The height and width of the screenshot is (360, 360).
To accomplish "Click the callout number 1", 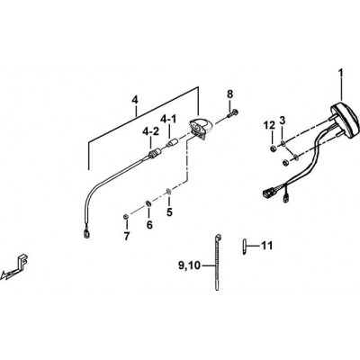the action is [341, 74].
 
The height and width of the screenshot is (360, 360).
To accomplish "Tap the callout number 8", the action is [229, 94].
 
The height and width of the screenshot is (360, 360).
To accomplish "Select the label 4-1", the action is [168, 120].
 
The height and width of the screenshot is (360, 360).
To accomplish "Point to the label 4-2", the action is [151, 132].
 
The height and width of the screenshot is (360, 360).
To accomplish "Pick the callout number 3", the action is [283, 121].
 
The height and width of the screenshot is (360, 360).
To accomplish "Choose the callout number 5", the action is [170, 212].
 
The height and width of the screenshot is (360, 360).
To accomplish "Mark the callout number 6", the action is [149, 224].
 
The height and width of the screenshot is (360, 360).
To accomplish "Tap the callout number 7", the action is [126, 236].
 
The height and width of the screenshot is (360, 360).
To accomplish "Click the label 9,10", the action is [189, 265].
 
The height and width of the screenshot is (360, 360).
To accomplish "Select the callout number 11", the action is [266, 246].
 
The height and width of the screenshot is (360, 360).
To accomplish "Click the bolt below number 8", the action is [232, 113].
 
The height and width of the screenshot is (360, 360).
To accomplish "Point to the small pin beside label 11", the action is [244, 247].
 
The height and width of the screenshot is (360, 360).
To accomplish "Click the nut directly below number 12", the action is [274, 148].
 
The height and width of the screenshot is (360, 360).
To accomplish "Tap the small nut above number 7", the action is [126, 217].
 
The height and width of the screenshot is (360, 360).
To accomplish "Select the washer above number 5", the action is [168, 191].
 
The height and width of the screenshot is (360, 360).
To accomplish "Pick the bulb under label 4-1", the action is [171, 142].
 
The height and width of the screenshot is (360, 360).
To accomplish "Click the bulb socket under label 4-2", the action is [154, 154].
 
